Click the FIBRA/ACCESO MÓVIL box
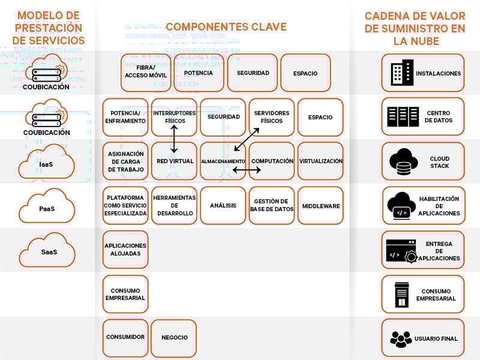(x=146, y=73)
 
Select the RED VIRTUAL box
(x=174, y=161)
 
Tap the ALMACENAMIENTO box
(x=223, y=161)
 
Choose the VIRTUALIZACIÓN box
(x=320, y=161)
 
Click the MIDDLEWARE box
(x=320, y=206)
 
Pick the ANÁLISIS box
(x=223, y=206)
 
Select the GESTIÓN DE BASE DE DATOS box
(x=271, y=206)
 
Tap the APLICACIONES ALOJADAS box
(x=125, y=250)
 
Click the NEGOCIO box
(x=174, y=338)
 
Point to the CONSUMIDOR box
(x=125, y=338)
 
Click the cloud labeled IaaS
(x=46, y=163)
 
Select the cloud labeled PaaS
(x=46, y=208)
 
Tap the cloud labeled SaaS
(x=49, y=251)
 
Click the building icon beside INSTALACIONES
(x=401, y=73)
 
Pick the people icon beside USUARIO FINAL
(x=401, y=338)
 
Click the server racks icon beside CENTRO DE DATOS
(x=403, y=117)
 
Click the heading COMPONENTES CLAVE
(x=226, y=27)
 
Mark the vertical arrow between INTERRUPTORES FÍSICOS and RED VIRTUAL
(x=174, y=139)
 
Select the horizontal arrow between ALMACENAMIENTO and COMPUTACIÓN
(x=247, y=170)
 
